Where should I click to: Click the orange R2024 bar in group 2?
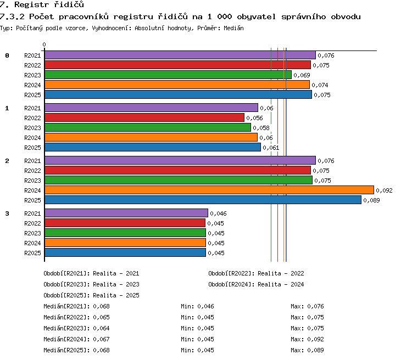tap(209, 190)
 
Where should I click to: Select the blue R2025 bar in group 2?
tap(203, 200)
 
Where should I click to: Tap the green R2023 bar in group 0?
tap(168, 75)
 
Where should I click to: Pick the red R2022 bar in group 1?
tap(144, 117)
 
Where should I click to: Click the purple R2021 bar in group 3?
tap(126, 213)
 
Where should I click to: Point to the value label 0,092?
tap(384, 190)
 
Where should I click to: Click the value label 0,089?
tap(371, 200)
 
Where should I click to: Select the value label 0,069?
tap(302, 75)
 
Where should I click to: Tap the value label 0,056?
tap(254, 118)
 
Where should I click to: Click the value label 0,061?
tap(271, 148)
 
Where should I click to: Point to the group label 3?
tap(7, 213)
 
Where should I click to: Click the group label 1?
tap(7, 108)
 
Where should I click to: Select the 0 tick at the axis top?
tap(44, 44)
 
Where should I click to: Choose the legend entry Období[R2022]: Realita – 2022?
tap(256, 273)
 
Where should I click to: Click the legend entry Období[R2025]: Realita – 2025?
tap(91, 295)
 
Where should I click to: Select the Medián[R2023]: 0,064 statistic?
tap(76, 328)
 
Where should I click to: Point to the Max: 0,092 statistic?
tap(307, 339)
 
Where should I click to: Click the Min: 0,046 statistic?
tap(197, 306)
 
